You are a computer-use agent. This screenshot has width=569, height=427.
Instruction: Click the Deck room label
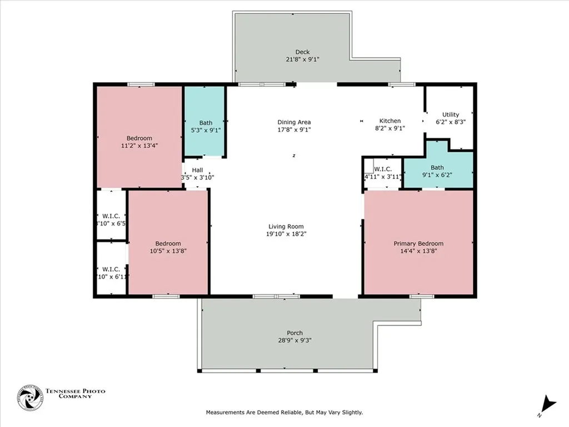click(x=302, y=52)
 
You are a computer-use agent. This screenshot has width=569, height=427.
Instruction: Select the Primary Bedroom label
click(x=418, y=244)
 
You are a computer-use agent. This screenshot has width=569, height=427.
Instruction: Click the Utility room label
click(x=450, y=115)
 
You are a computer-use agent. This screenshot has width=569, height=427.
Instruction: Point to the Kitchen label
click(x=390, y=121)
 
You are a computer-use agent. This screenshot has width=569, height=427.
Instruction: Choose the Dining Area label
click(x=294, y=122)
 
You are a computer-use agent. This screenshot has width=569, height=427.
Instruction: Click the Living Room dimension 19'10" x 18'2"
click(x=286, y=234)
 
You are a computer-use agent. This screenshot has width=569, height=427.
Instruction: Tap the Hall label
click(x=197, y=170)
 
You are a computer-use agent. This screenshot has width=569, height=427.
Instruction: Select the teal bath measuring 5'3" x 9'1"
click(x=205, y=126)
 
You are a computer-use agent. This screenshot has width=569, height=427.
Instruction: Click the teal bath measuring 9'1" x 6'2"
click(x=437, y=171)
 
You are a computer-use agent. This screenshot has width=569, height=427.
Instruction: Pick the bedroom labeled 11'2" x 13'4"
click(x=139, y=142)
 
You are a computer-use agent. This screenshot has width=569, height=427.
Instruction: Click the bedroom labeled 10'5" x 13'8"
click(x=168, y=247)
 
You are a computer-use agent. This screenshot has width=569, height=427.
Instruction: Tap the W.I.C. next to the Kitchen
click(x=382, y=173)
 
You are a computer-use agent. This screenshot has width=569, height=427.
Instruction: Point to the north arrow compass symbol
click(x=548, y=404)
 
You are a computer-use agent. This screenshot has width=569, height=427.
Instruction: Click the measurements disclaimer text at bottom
click(x=284, y=413)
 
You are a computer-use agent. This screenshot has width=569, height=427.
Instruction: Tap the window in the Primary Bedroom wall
click(x=422, y=296)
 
